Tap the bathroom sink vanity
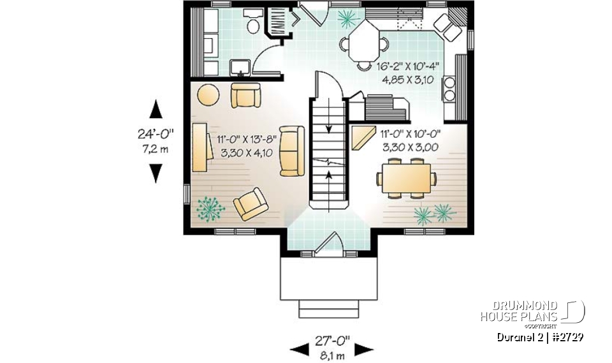240,66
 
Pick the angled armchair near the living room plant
251,204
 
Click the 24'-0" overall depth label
155,135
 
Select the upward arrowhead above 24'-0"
156,110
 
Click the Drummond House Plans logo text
519,311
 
